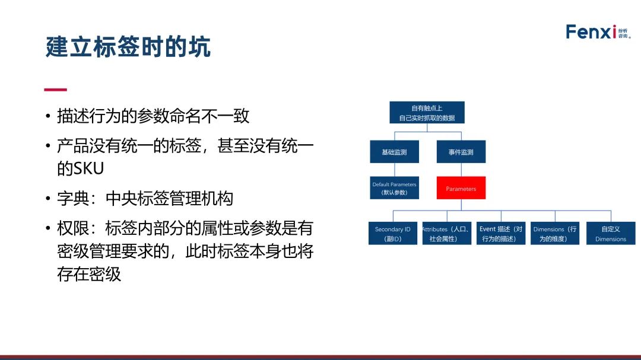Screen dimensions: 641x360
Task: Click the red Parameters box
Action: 461,188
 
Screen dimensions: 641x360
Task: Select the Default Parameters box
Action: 395,188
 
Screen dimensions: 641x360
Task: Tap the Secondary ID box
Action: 393,233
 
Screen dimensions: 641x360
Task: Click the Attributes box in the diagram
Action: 447,233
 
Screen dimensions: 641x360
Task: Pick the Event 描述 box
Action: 501,233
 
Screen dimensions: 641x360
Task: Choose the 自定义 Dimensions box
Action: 611,233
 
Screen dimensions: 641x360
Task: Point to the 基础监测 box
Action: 395,152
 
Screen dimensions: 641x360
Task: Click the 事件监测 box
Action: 461,152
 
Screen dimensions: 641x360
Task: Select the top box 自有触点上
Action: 427,112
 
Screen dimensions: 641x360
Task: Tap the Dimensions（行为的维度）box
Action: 555,233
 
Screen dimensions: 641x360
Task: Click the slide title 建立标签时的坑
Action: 128,47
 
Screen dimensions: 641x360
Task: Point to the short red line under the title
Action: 56,90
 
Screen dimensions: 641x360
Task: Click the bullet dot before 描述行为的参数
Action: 48,116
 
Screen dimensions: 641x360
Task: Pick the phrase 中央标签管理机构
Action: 169,199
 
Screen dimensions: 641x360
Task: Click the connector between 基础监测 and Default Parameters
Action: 395,170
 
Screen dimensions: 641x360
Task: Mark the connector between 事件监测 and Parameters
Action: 461,170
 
